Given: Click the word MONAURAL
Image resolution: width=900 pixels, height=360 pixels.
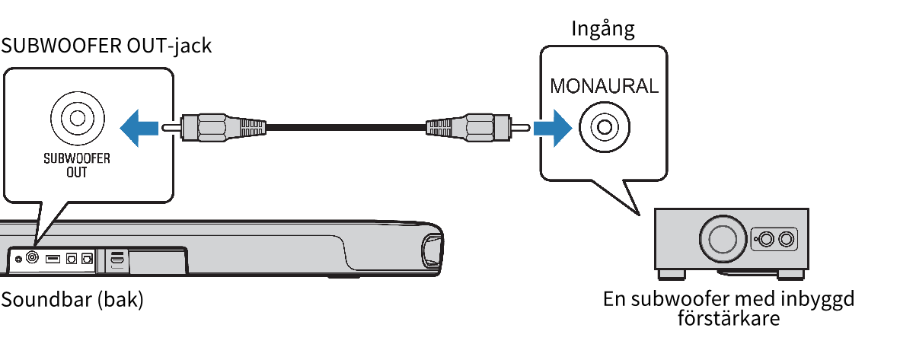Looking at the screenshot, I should pyautogui.click(x=604, y=85).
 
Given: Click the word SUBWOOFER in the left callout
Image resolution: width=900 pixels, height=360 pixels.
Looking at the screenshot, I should pyautogui.click(x=77, y=161).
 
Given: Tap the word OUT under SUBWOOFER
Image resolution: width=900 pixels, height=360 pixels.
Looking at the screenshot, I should pyautogui.click(x=77, y=173).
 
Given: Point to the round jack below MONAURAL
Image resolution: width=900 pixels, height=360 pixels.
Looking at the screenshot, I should pyautogui.click(x=603, y=126).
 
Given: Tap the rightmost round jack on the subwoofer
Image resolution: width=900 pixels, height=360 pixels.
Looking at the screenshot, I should pyautogui.click(x=787, y=240).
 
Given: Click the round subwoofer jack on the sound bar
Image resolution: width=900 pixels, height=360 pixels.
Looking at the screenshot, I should pyautogui.click(x=33, y=258).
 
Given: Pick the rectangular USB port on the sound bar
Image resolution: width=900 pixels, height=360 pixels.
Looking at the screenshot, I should pyautogui.click(x=53, y=259).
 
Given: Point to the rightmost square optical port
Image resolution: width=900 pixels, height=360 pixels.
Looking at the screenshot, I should pyautogui.click(x=87, y=259).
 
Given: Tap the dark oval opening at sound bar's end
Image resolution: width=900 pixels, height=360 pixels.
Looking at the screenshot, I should pyautogui.click(x=431, y=253).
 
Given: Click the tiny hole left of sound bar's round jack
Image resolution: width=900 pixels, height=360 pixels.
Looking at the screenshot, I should pyautogui.click(x=18, y=259).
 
